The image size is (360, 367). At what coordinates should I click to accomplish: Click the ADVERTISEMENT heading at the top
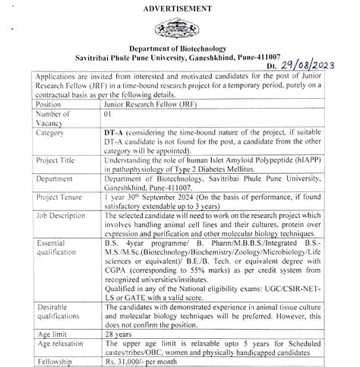pos(180,8)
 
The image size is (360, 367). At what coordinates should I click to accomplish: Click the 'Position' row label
pos(48,104)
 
